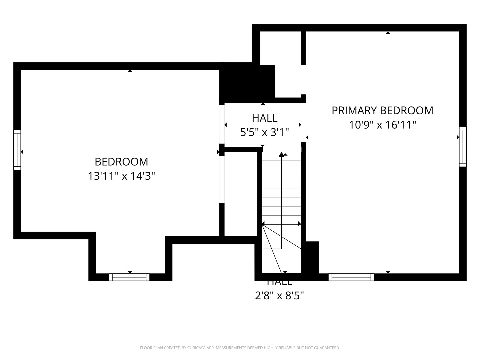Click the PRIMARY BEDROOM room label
coord(382,110)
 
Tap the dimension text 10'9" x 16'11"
coord(382,125)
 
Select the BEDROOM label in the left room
coord(121,162)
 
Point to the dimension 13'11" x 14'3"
coord(121,176)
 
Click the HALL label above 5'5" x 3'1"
coord(265,118)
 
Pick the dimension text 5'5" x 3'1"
coord(264,132)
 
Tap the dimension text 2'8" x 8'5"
coord(279,295)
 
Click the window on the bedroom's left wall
coord(17,150)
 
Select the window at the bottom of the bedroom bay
coord(129,277)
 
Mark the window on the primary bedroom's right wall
coord(463,147)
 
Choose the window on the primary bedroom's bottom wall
coord(351,277)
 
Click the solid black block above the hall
coord(247,83)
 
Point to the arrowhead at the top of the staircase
coord(282,154)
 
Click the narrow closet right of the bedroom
coord(240,193)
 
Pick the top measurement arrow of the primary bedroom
coord(388,33)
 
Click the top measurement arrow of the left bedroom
coord(130,71)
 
